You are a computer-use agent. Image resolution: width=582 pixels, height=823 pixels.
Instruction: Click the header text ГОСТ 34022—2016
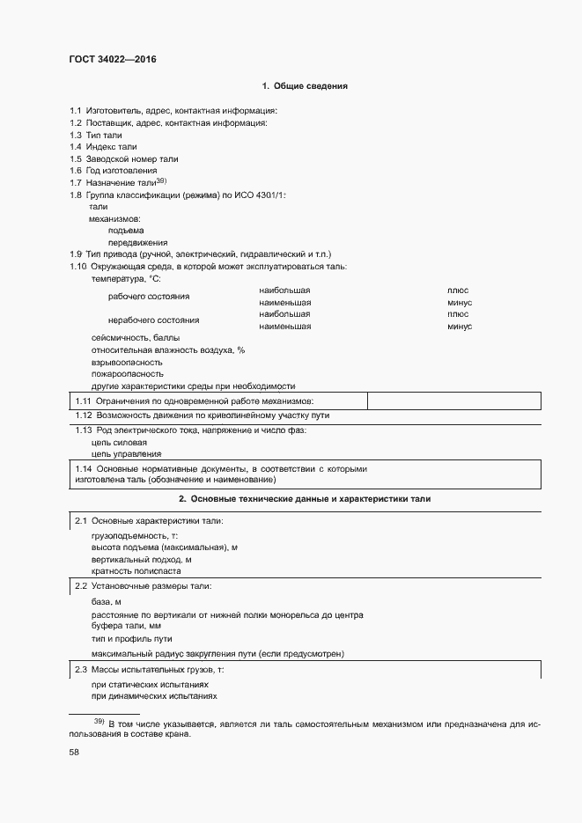[112, 60]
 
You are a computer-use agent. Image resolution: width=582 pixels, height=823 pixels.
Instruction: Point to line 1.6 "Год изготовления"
[114, 170]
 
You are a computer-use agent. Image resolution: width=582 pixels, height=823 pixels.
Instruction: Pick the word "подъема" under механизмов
[126, 230]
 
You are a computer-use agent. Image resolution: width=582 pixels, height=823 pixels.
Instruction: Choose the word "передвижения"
[137, 242]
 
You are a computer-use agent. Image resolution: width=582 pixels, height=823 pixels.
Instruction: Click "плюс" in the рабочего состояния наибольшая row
[458, 290]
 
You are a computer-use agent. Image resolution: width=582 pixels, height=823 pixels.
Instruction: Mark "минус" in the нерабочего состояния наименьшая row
[460, 327]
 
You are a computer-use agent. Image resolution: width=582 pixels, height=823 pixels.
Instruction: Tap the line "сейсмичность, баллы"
[136, 338]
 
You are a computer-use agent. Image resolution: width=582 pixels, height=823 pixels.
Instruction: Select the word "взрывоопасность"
[127, 362]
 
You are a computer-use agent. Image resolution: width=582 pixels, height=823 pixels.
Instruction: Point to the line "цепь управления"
[126, 454]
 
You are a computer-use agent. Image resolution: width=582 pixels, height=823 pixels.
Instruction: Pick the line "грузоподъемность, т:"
[135, 535]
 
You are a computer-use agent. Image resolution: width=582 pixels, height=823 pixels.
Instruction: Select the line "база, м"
[106, 601]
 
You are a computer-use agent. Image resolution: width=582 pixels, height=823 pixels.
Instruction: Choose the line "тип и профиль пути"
[131, 638]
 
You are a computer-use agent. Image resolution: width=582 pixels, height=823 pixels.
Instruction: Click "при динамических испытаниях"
[154, 696]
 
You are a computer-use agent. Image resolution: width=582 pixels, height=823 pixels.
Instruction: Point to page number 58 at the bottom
[75, 753]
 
